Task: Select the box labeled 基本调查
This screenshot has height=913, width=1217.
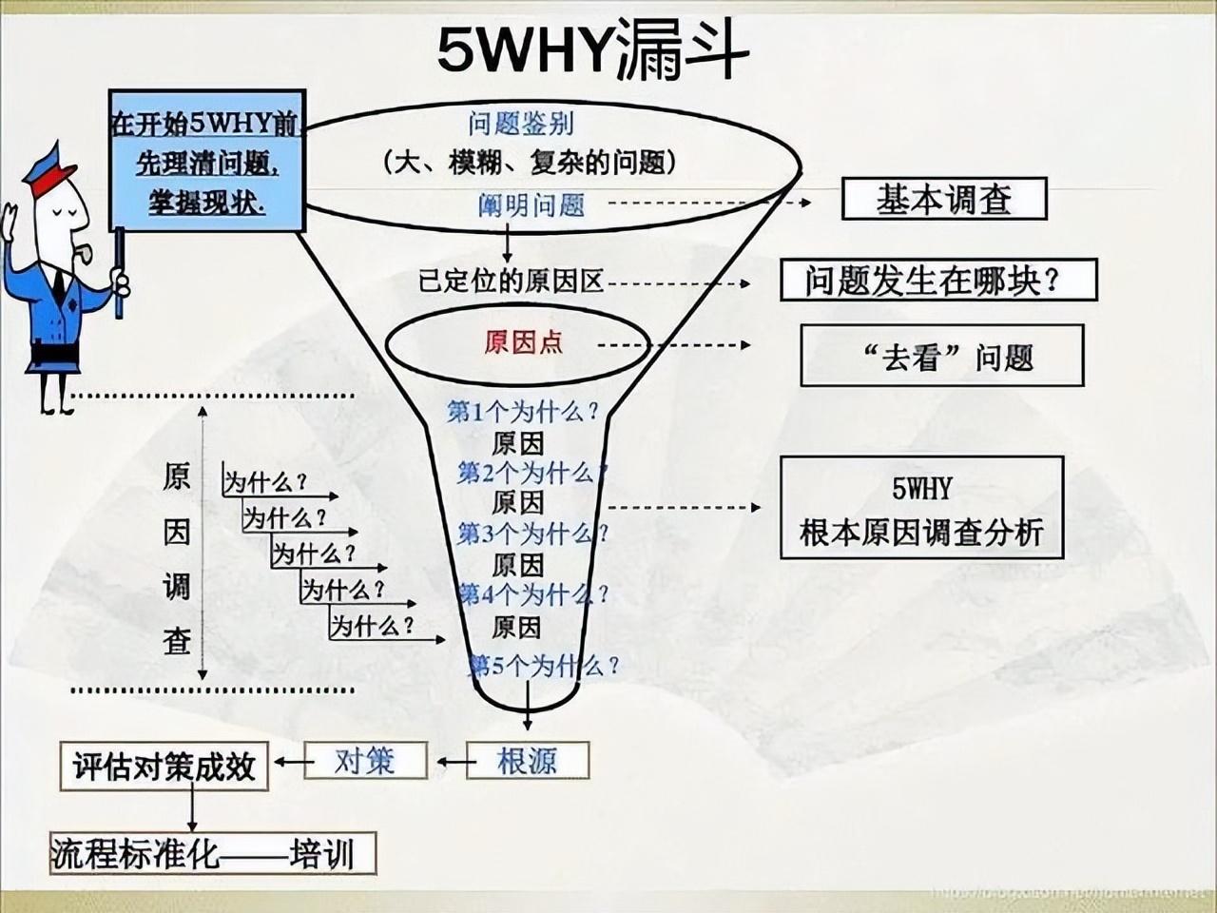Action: pos(943,200)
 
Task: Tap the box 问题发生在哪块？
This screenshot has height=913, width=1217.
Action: pos(937,281)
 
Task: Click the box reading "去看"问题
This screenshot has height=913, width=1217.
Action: pos(941,356)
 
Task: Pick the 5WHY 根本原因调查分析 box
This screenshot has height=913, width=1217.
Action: pos(920,508)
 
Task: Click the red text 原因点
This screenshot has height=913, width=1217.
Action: pos(523,342)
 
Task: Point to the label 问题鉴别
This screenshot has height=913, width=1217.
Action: pos(520,124)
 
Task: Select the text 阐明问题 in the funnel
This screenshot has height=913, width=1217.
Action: pos(531,204)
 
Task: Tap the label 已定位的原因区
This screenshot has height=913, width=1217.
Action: pos(512,282)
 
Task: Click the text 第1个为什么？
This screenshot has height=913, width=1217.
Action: pos(523,412)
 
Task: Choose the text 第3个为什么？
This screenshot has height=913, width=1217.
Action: pos(532,534)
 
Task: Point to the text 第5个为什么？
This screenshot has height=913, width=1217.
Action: pos(544,665)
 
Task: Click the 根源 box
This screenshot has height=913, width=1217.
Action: pos(527,761)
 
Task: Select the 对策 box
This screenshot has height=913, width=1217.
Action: pos(363,761)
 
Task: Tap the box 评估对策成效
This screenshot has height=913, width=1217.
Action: pos(164,766)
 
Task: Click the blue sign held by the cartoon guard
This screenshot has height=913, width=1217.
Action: pos(206,161)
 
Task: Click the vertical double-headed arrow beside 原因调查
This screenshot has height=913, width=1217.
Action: pos(203,542)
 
